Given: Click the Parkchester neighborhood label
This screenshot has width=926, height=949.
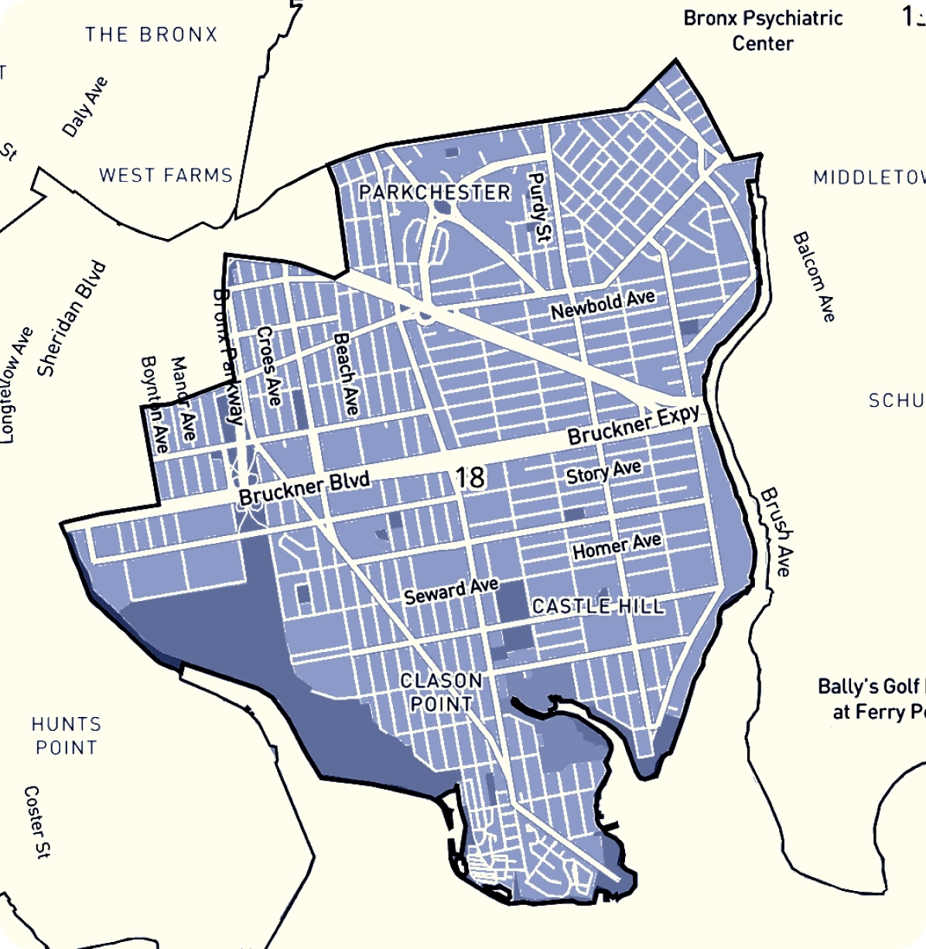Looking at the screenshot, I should click(x=435, y=192).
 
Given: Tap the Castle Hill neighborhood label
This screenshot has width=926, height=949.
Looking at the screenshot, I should click(x=598, y=606).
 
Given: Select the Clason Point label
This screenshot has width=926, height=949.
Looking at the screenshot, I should click(x=442, y=692).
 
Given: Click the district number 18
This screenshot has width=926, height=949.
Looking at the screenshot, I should click(x=470, y=477).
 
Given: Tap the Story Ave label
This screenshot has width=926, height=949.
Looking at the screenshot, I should click(x=603, y=472).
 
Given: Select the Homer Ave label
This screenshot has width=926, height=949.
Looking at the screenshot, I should click(x=617, y=546).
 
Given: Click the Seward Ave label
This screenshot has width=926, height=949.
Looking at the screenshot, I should click(x=451, y=592).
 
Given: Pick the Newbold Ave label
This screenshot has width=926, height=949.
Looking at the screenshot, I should click(x=603, y=305).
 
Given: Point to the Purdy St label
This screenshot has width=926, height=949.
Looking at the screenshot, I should click(x=538, y=207).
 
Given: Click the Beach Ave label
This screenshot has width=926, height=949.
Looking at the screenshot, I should click(x=346, y=374).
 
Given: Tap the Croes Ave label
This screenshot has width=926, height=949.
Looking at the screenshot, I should click(x=268, y=366).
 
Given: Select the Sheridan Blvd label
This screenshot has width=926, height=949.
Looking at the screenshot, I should click(x=72, y=319).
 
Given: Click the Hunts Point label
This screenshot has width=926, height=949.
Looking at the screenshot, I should click(x=67, y=736).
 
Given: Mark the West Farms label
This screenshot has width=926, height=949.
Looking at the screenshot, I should click(x=166, y=176).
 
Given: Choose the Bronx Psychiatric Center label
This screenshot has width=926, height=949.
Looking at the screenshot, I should click(x=763, y=30).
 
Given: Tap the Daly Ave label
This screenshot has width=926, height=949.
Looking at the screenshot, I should click(x=85, y=107).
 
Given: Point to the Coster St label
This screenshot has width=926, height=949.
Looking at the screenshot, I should click(x=36, y=822).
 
